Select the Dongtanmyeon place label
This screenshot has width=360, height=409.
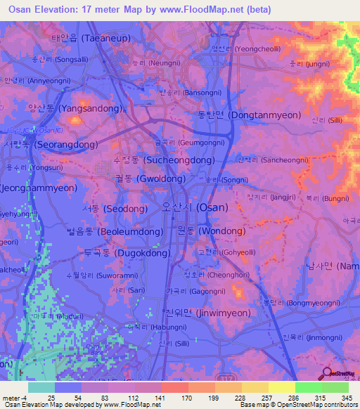click(248, 115)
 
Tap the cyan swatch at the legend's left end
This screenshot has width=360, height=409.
click(41, 387)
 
